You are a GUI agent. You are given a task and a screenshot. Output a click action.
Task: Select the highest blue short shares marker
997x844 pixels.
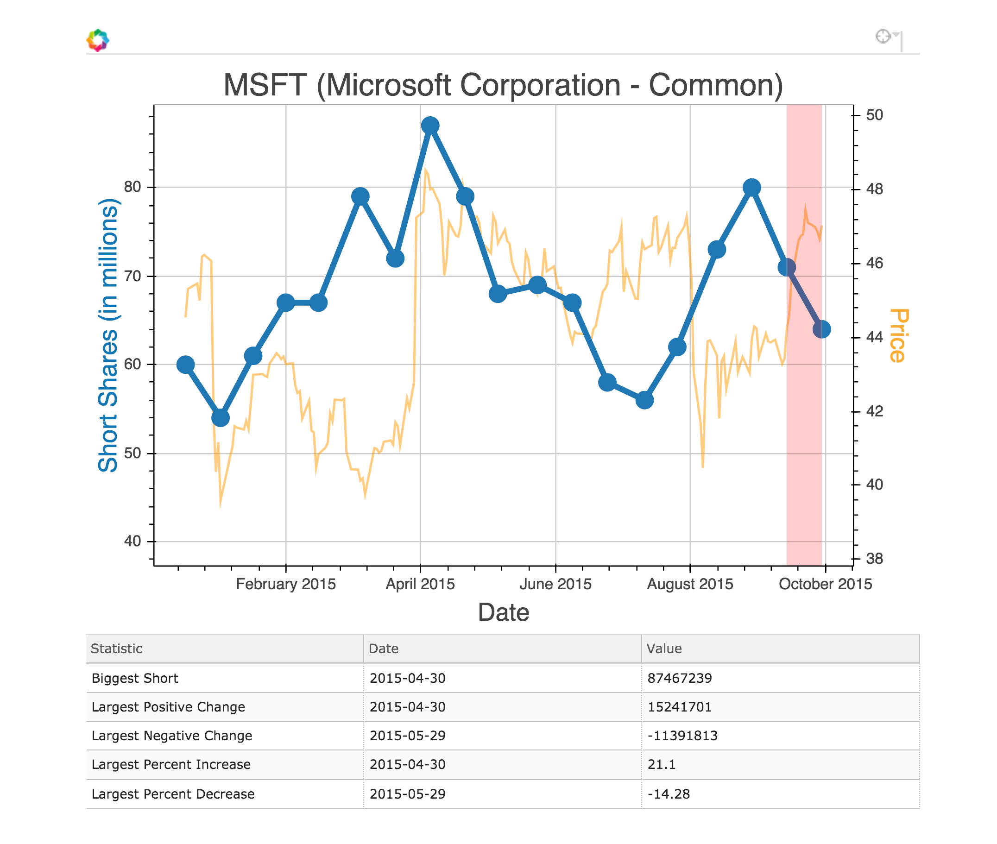(430, 126)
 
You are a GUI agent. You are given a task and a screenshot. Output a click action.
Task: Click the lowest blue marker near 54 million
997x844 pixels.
(220, 418)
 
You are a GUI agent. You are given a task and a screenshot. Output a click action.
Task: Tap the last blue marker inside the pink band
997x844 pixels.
(821, 329)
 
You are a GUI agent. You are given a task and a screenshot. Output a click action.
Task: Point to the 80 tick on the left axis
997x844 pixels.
(133, 187)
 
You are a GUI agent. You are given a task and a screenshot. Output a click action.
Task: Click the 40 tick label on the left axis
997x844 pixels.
(133, 541)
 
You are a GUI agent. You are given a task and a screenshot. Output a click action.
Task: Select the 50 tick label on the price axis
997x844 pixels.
(874, 115)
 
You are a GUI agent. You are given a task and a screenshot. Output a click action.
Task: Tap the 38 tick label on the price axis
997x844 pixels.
(874, 558)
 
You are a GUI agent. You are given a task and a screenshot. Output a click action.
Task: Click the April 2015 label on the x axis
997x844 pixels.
(420, 584)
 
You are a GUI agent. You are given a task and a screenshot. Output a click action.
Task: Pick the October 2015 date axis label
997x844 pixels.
(825, 584)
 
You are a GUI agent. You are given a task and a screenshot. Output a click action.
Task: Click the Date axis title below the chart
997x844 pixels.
(503, 612)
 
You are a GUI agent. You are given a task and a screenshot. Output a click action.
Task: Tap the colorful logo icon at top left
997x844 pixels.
(98, 40)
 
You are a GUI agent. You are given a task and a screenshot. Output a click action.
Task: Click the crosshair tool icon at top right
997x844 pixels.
(882, 36)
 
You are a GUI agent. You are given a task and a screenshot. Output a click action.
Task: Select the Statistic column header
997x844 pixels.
(117, 649)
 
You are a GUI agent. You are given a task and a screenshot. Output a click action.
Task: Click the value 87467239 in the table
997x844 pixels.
(679, 678)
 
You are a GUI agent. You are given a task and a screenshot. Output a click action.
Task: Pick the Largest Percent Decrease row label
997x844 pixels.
(173, 794)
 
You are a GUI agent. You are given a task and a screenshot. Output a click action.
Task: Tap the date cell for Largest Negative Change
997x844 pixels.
(407, 736)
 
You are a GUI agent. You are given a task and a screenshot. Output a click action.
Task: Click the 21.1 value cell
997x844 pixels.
(661, 764)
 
